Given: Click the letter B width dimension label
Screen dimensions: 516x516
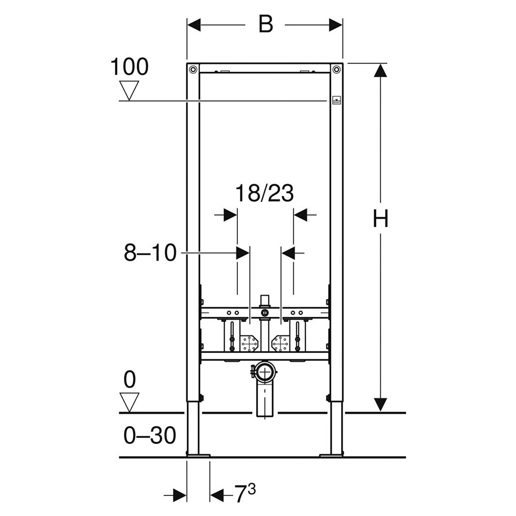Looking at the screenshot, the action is coord(266,24).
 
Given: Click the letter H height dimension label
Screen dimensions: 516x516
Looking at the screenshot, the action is coord(381,218).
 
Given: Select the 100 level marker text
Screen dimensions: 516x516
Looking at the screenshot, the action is coord(130,67).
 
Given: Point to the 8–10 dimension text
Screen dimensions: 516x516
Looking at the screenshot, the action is coord(150,253).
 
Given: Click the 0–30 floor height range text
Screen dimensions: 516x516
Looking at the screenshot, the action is coord(150,436).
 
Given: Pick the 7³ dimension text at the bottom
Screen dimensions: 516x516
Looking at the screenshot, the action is coord(245,494).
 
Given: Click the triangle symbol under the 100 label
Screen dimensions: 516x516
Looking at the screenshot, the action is coord(129,90).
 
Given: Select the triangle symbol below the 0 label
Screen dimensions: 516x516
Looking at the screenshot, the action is coord(129,402).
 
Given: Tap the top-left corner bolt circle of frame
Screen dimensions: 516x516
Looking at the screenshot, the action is coord(193,70).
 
